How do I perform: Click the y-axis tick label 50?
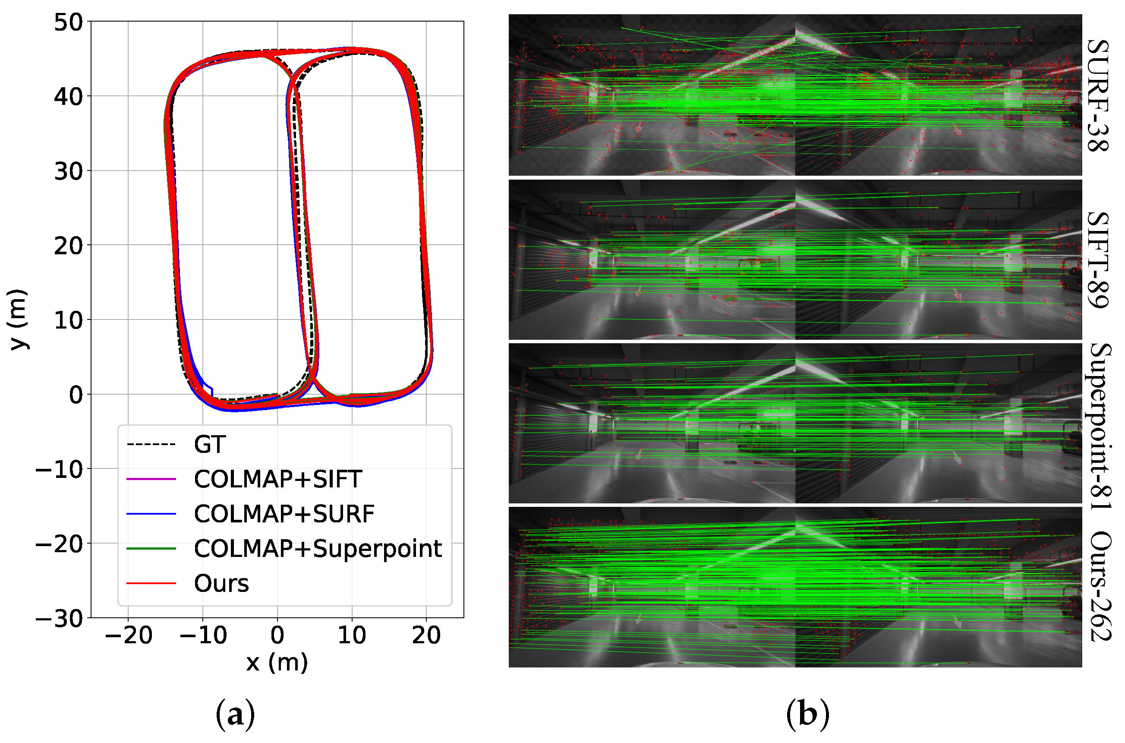coord(68,22)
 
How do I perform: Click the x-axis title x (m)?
coord(277,662)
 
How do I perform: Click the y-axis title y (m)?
coord(19,319)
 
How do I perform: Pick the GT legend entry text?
coord(210,445)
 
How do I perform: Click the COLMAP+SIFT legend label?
coord(278,479)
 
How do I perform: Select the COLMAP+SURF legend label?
coord(284,514)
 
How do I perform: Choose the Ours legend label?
coord(221,583)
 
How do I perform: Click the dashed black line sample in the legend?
coord(151,445)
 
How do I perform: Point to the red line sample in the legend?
coord(151,583)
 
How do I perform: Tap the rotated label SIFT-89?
coord(1097,259)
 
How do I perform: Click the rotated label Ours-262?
coord(1097,587)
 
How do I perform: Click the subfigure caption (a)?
coord(236,714)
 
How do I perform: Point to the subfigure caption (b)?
coord(808,714)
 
